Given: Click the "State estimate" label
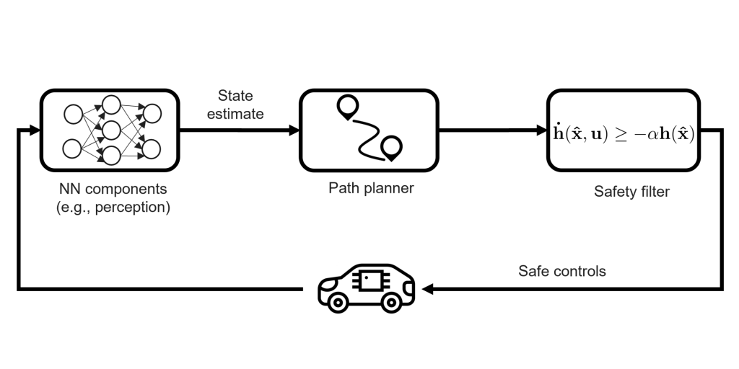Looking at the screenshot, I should pyautogui.click(x=241, y=105).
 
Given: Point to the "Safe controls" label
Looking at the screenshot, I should pyautogui.click(x=561, y=272).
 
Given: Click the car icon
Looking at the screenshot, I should pyautogui.click(x=367, y=288).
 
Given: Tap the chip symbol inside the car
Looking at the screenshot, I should pyautogui.click(x=371, y=280).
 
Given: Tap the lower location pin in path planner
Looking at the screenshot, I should pyautogui.click(x=392, y=148).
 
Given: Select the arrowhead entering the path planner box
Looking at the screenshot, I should pyautogui.click(x=294, y=130).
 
